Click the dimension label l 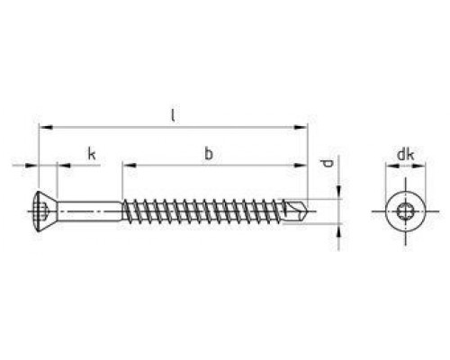(x=173, y=115)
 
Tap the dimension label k (x=92, y=154)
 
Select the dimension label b (x=209, y=153)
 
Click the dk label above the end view (x=405, y=155)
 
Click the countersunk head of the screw (x=48, y=211)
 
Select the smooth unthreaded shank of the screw (x=90, y=211)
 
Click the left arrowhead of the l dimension (x=46, y=127)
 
